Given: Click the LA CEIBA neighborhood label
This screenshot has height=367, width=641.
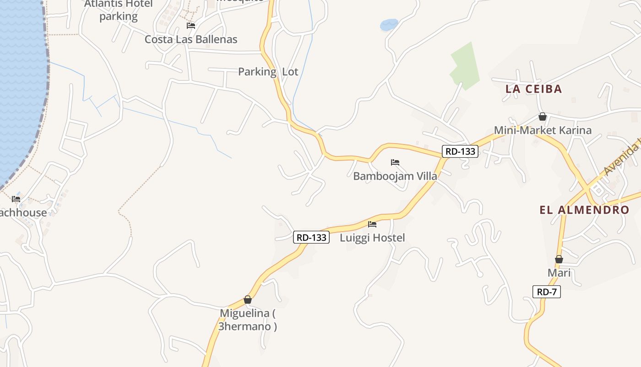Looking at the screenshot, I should (533, 89).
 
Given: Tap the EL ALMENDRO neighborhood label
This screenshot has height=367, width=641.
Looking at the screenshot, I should (584, 210).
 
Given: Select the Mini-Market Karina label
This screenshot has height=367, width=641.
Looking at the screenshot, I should (543, 130).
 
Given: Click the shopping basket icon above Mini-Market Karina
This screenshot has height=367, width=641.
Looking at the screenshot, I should (543, 117).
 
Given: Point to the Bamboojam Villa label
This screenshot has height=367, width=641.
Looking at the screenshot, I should (395, 176).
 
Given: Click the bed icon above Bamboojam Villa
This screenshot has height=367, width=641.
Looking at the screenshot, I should (395, 162).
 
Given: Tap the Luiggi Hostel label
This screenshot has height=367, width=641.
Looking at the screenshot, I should (372, 238).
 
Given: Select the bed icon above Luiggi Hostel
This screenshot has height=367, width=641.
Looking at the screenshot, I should (372, 224).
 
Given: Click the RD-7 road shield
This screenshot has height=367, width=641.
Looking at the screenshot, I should (547, 292).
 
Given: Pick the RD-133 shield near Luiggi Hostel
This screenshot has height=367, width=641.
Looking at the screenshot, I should (311, 237).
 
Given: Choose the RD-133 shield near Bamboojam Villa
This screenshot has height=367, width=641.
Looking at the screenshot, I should (460, 151).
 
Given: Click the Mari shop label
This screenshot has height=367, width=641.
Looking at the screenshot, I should (559, 273).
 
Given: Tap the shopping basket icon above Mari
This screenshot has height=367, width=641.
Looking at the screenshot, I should (559, 259).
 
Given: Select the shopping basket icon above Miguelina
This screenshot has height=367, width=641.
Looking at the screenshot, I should (248, 300).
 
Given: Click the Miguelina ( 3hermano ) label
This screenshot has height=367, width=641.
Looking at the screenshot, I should (248, 320).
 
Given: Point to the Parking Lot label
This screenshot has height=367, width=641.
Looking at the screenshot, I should (268, 72).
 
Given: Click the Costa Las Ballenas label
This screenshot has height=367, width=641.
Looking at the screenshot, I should (191, 39).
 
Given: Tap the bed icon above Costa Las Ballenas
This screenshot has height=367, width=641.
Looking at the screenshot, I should (191, 25).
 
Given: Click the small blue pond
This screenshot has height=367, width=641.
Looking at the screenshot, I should (389, 24).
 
